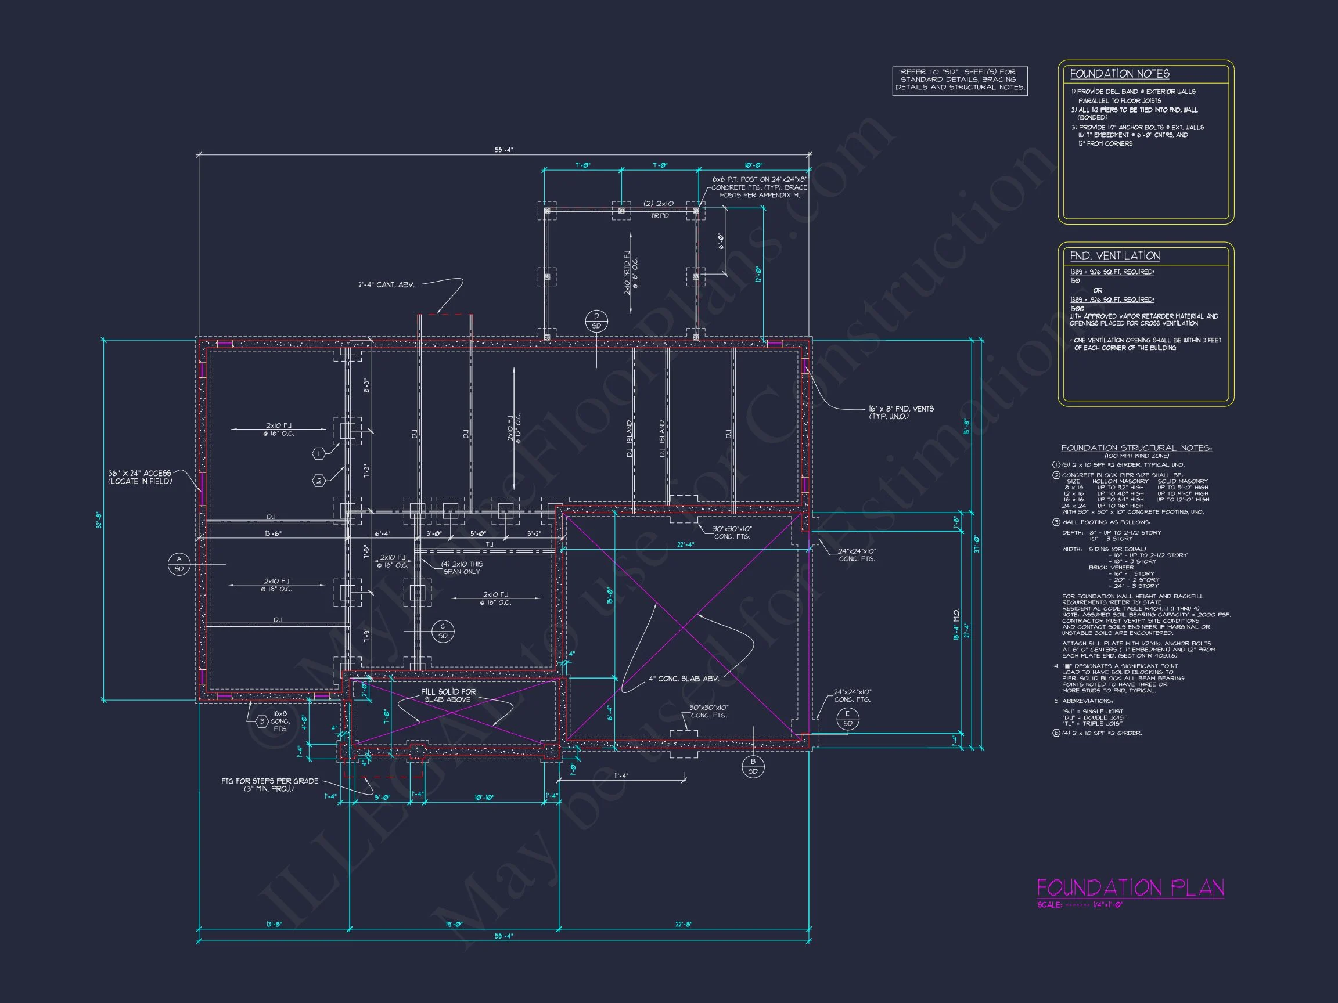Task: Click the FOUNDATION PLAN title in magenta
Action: (x=1130, y=888)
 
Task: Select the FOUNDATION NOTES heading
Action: (x=1119, y=74)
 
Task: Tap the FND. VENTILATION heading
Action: (x=1114, y=256)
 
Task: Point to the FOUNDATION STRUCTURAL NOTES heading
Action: (x=1136, y=448)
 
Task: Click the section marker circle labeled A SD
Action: (x=179, y=564)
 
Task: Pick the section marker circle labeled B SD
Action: (x=753, y=766)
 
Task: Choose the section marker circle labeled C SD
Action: (x=443, y=631)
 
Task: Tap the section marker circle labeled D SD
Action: (x=596, y=321)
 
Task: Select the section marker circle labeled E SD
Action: (x=847, y=719)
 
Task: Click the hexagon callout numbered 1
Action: (x=319, y=453)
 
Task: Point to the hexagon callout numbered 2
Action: (x=319, y=481)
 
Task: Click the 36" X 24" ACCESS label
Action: (x=140, y=477)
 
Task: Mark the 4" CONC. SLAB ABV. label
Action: (x=684, y=679)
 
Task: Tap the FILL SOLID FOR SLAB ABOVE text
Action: (x=448, y=695)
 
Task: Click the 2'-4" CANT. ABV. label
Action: (x=386, y=285)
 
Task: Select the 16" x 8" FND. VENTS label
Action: (x=901, y=412)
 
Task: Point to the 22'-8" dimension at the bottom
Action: (x=684, y=924)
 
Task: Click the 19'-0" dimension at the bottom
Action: (x=454, y=924)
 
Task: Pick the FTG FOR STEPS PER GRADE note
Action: (x=269, y=785)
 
